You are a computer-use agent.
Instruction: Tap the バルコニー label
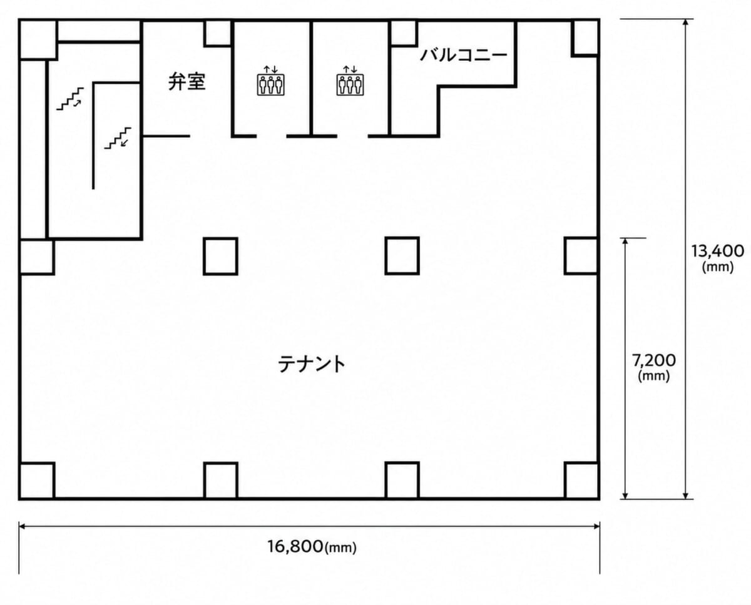(x=464, y=56)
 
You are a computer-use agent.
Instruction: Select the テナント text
(x=312, y=364)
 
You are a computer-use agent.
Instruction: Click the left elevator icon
(x=271, y=81)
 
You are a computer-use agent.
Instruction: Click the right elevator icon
(x=350, y=81)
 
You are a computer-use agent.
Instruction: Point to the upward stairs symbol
(x=70, y=99)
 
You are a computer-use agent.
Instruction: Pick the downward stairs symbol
(x=118, y=138)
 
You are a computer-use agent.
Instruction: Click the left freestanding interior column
(x=220, y=257)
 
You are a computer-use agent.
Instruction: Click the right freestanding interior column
(x=402, y=256)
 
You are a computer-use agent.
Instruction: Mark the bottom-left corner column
(x=37, y=481)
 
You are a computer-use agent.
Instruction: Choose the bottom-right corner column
(x=582, y=480)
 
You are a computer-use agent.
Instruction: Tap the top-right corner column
(x=585, y=38)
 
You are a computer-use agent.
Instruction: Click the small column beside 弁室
(x=217, y=34)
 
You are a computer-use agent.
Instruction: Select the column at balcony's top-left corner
(x=404, y=34)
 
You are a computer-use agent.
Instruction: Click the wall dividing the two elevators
(x=311, y=79)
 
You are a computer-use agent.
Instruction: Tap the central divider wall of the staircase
(x=93, y=136)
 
